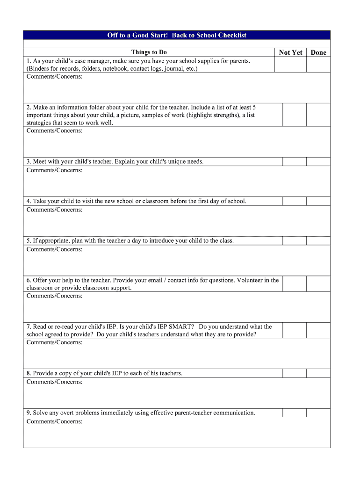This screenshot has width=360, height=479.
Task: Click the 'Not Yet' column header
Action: (x=290, y=52)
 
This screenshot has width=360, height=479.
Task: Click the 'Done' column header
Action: (x=318, y=52)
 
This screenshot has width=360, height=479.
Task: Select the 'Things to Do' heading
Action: (x=149, y=52)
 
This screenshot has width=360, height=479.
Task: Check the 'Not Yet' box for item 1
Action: (x=290, y=65)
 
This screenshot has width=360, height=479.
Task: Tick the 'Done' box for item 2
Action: (x=318, y=115)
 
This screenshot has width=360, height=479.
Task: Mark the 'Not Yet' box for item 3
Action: (x=294, y=161)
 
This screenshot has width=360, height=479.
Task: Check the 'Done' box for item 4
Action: (x=318, y=201)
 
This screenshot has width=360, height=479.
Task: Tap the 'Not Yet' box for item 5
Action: (x=294, y=240)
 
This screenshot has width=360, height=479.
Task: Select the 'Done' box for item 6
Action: (x=318, y=283)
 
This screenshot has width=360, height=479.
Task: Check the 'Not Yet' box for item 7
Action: (x=294, y=330)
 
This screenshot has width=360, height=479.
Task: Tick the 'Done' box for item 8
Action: (x=318, y=373)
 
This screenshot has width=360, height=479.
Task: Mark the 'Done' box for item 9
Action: (x=318, y=413)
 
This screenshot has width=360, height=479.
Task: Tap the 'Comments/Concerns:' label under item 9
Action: (x=55, y=421)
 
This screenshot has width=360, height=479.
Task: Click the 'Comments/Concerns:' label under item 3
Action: (x=55, y=170)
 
